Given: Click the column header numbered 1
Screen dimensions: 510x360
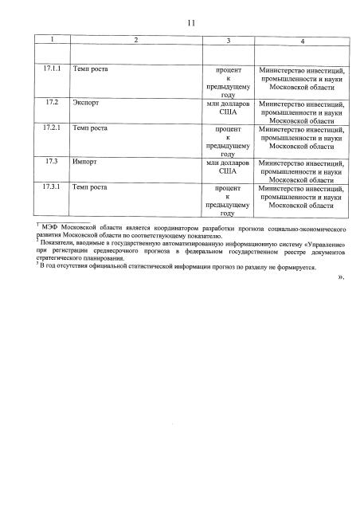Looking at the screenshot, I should [53, 39].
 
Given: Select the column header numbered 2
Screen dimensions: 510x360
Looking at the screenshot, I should [135, 39].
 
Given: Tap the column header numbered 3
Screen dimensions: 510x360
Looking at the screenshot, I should [228, 39].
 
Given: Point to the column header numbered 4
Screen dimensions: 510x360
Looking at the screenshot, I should [302, 40].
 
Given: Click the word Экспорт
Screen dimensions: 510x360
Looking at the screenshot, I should [87, 104].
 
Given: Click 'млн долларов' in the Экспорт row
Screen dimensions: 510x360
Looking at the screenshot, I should [228, 104].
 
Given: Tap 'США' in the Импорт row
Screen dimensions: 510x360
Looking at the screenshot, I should [228, 171].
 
